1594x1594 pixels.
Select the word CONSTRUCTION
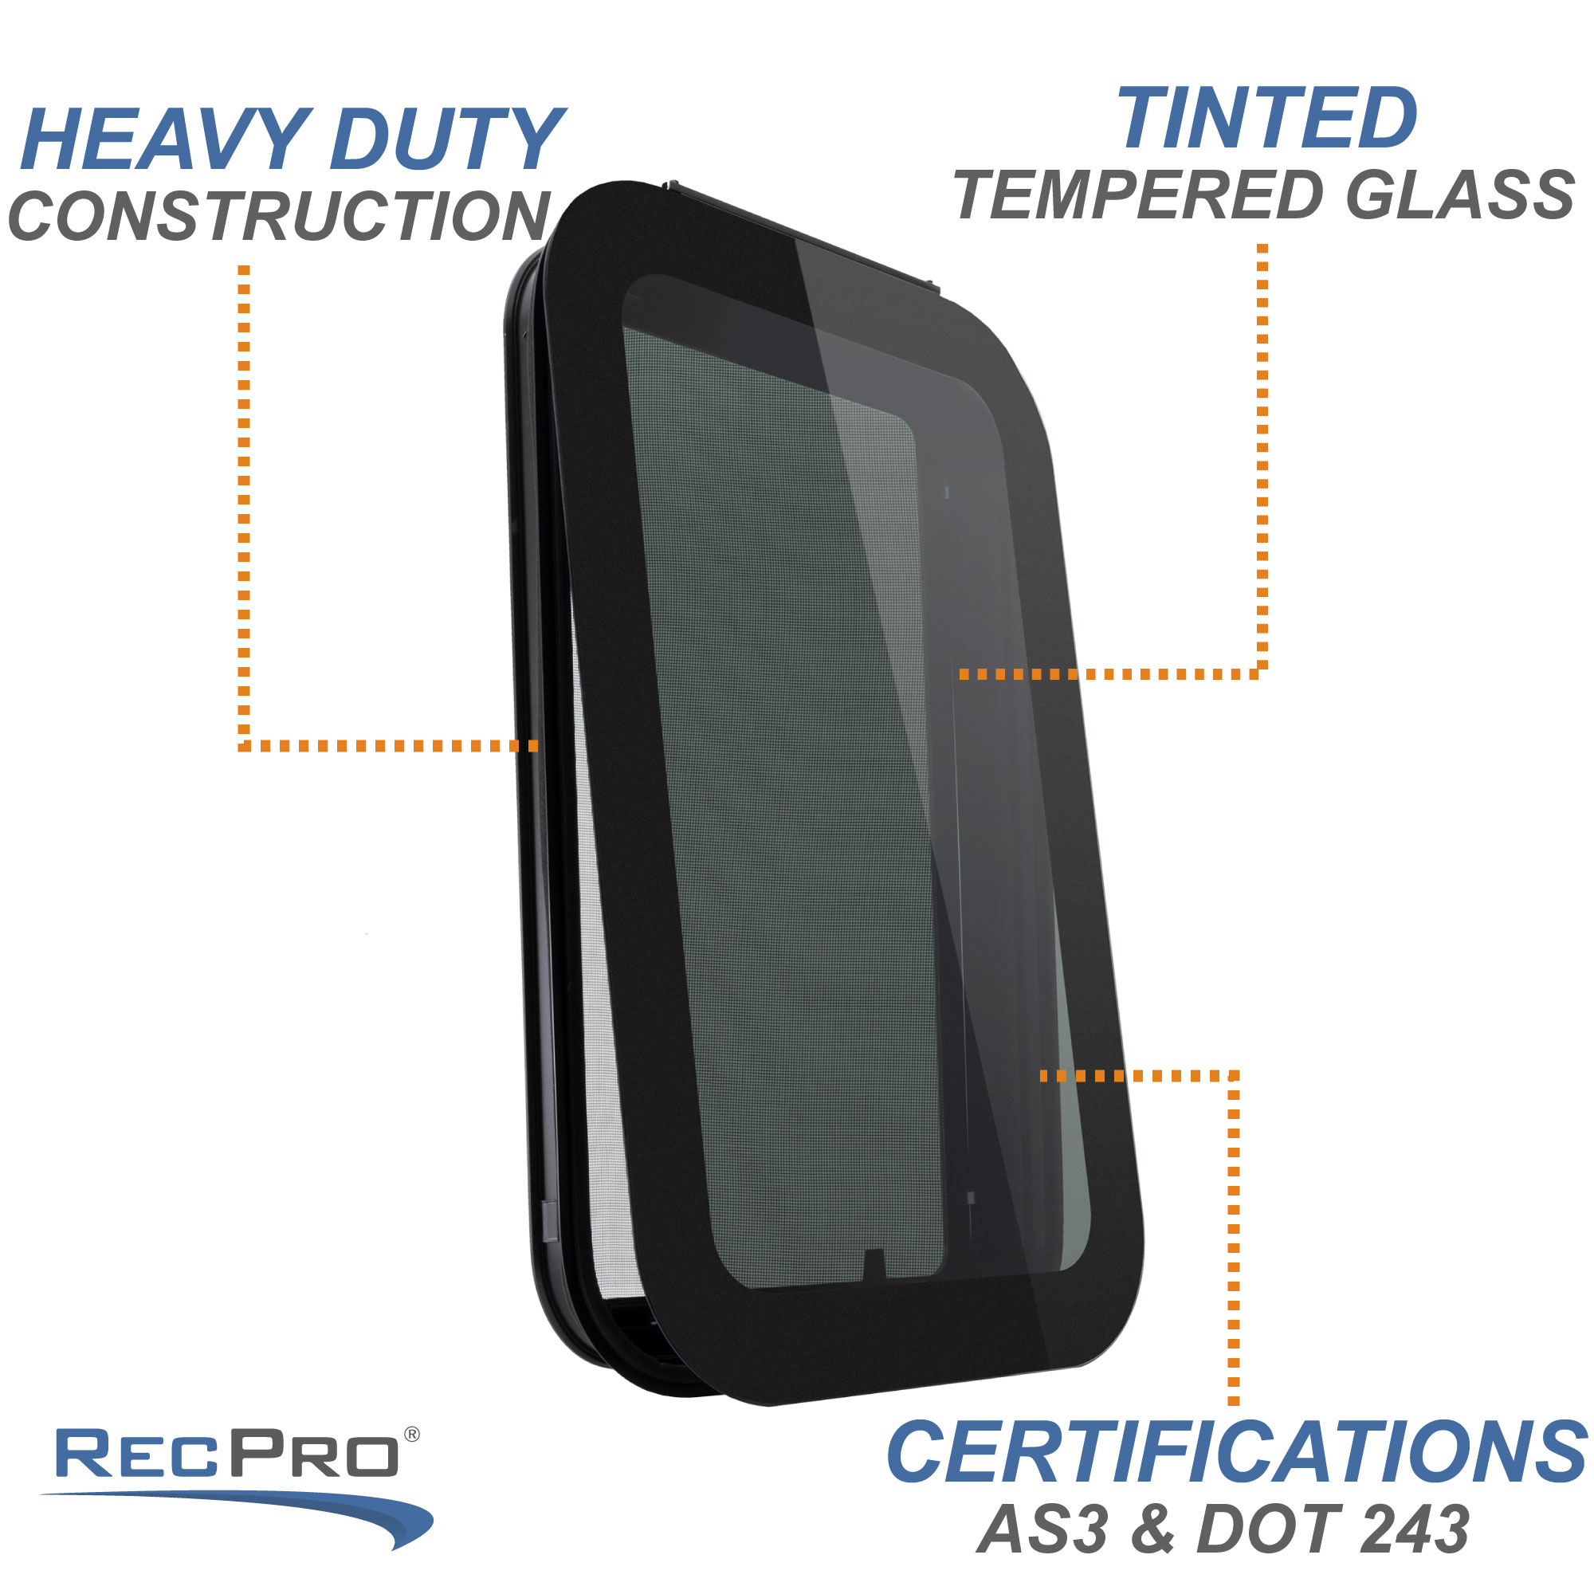click(279, 215)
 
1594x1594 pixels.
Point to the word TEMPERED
click(1139, 195)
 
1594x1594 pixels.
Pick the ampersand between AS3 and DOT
click(1152, 1529)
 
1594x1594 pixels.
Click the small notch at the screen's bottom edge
click(874, 1263)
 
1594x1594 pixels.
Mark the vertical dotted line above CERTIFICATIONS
click(1234, 1238)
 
